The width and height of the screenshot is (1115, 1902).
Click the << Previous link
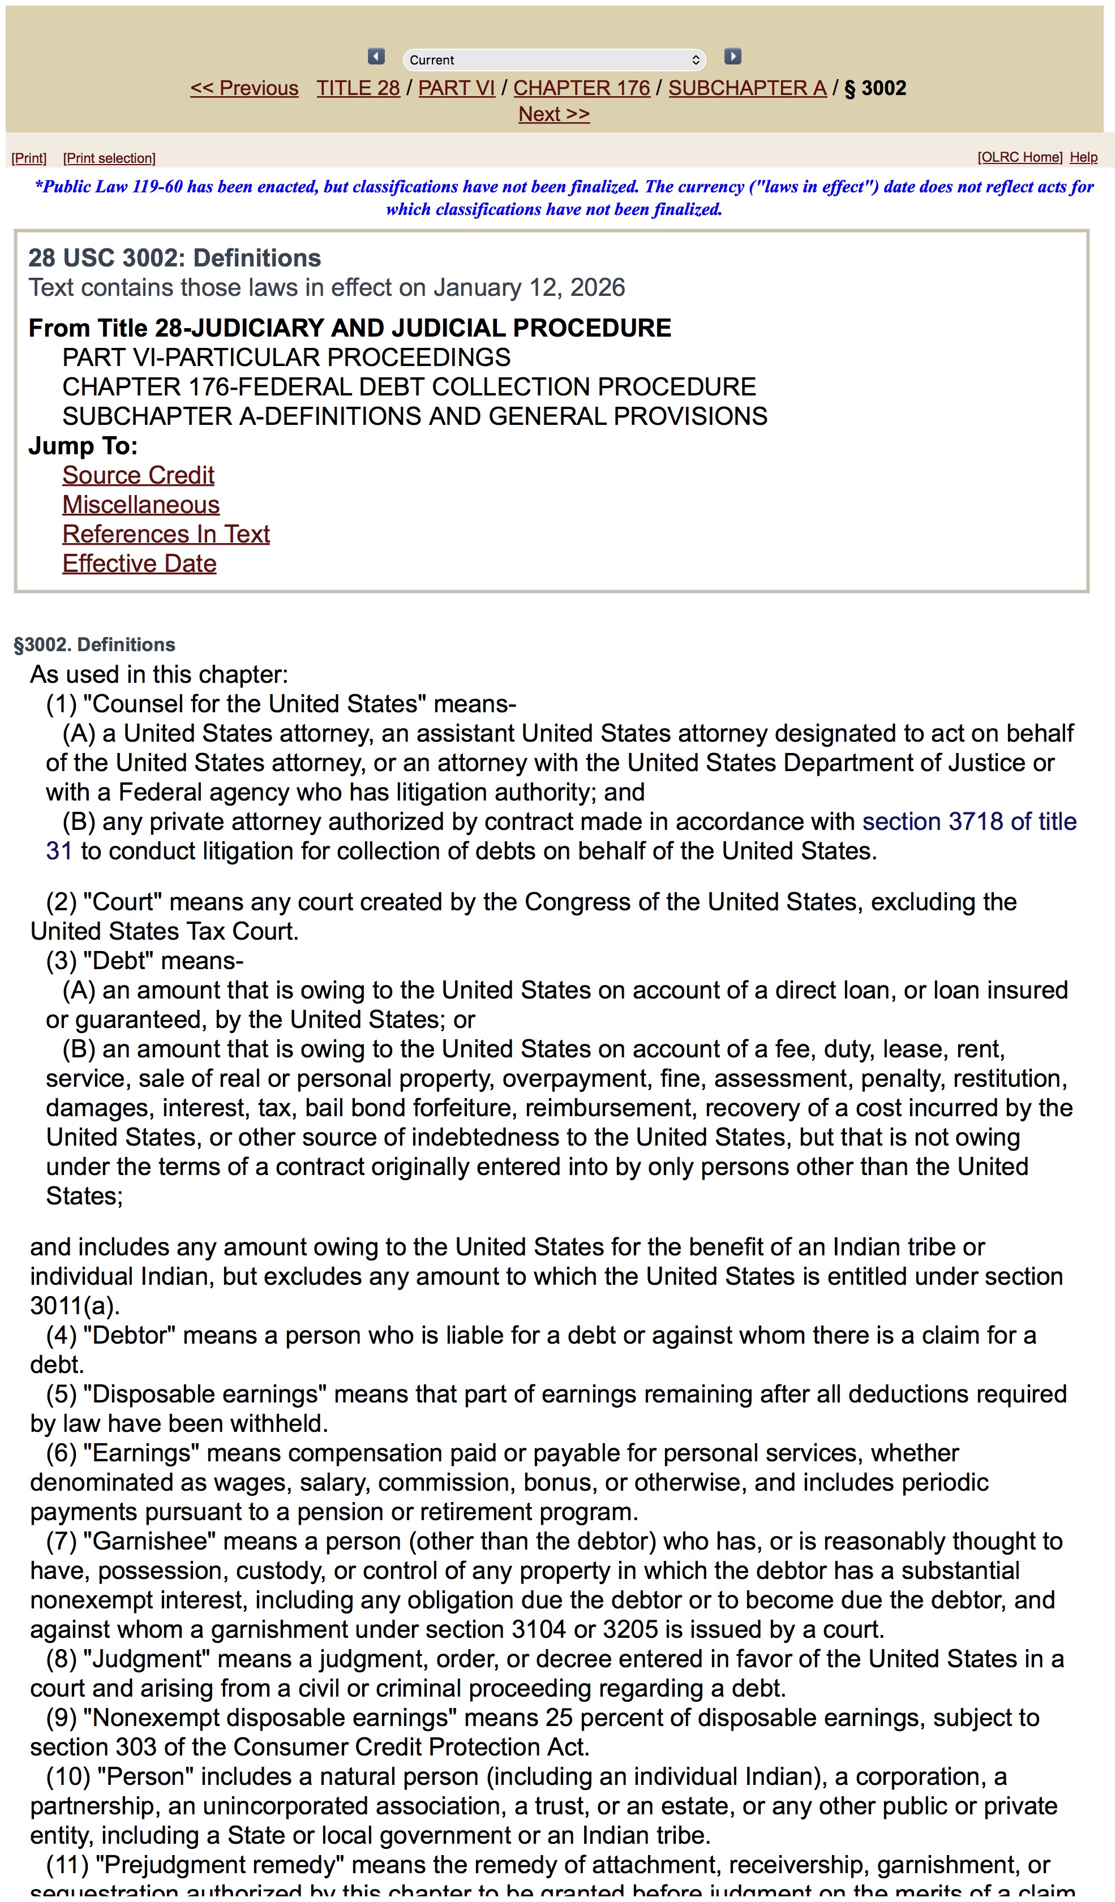[244, 88]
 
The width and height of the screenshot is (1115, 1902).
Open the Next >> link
[554, 114]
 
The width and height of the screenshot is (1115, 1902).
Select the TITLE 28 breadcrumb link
[358, 88]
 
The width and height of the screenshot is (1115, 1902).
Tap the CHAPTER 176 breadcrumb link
[581, 88]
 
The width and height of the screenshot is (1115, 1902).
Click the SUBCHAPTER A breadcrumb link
[747, 88]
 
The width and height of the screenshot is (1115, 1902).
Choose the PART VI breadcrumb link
[456, 88]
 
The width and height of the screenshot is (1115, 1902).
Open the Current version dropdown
[554, 59]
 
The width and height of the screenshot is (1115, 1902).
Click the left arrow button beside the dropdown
[376, 57]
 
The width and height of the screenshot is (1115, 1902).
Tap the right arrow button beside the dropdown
[732, 57]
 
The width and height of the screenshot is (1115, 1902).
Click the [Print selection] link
[109, 158]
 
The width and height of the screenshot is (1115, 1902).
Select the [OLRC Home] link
[1019, 157]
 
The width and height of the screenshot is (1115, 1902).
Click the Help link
[1083, 157]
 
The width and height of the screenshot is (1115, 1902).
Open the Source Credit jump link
[138, 475]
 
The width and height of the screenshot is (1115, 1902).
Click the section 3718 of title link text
[970, 821]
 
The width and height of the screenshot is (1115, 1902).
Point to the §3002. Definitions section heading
[95, 644]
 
